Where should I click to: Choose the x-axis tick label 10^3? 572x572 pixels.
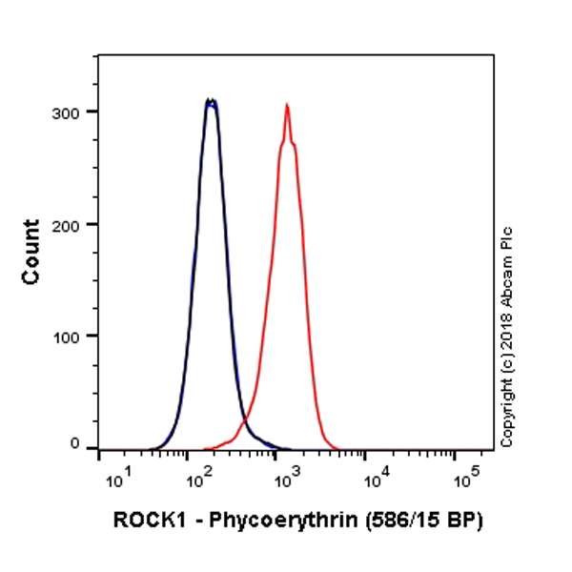point(283,476)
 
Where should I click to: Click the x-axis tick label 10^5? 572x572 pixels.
point(461,476)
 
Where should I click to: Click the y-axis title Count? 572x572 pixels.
point(31,252)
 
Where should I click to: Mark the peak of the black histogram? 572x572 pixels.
point(211,100)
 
